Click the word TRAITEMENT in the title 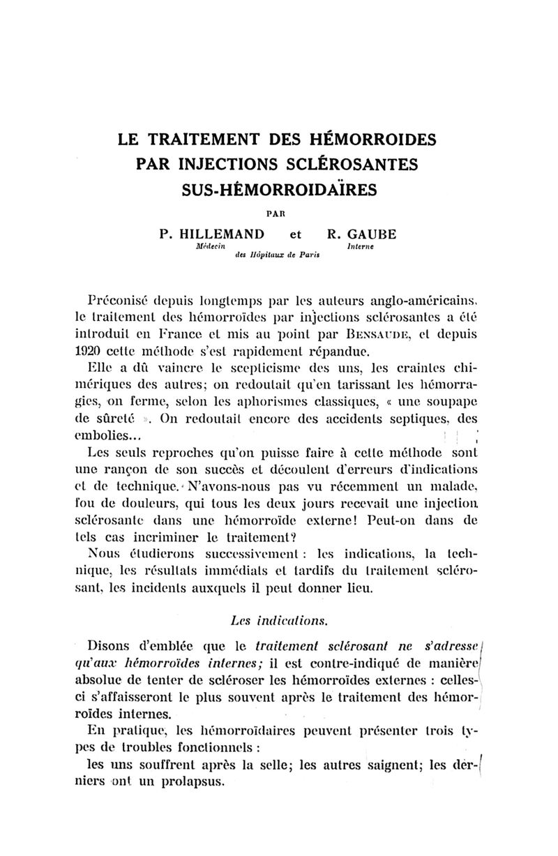pos(209,139)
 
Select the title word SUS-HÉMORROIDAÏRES pos(278,189)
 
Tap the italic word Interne pos(360,247)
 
